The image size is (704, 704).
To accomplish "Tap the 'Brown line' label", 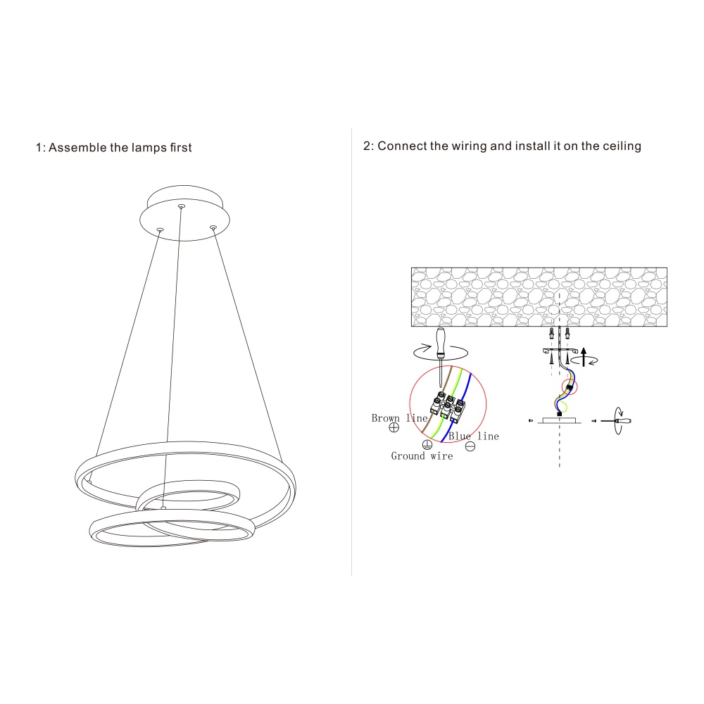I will [399, 418].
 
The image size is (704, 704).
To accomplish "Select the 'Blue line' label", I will [473, 436].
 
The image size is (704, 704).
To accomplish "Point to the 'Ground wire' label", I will [422, 456].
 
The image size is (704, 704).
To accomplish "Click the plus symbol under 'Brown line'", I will [394, 427].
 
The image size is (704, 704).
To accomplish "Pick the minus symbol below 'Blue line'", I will [470, 446].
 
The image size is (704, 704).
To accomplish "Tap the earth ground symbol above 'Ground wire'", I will [427, 444].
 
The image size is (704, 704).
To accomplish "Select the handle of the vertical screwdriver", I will [441, 342].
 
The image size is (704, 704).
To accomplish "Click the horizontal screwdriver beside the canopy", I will [617, 420].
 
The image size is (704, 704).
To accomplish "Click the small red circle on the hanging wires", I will [568, 386].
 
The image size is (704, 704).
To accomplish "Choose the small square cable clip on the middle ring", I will [163, 508].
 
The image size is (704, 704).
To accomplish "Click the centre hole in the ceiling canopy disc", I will [182, 206].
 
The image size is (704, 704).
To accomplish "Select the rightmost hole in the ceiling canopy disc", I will [213, 227].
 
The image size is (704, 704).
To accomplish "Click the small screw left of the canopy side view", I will [529, 420].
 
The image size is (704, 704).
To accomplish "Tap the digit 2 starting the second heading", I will [367, 146].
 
